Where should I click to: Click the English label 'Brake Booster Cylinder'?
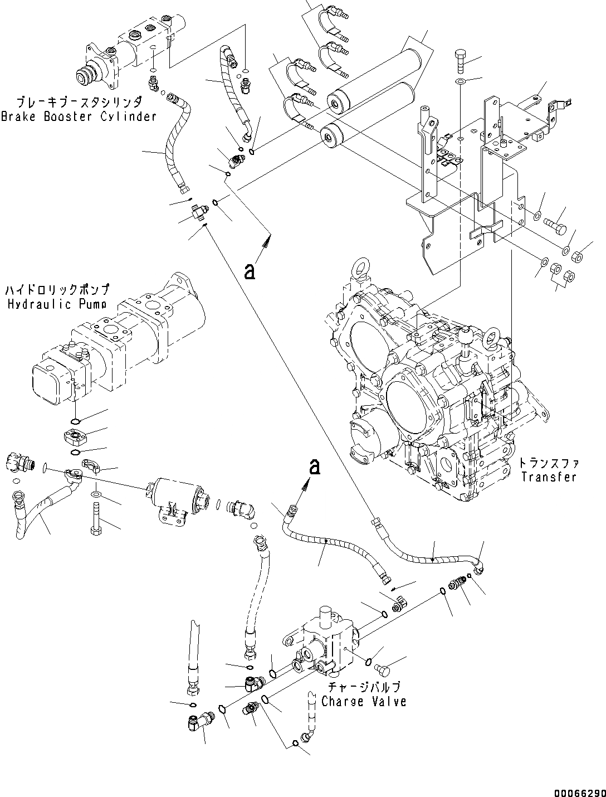click(x=79, y=116)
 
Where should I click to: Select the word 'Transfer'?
click(x=549, y=477)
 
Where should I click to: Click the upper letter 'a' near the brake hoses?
click(x=250, y=271)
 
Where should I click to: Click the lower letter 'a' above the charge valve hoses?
click(x=315, y=466)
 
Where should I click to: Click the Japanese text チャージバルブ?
click(x=364, y=687)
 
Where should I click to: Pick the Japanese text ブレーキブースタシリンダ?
click(x=79, y=103)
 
